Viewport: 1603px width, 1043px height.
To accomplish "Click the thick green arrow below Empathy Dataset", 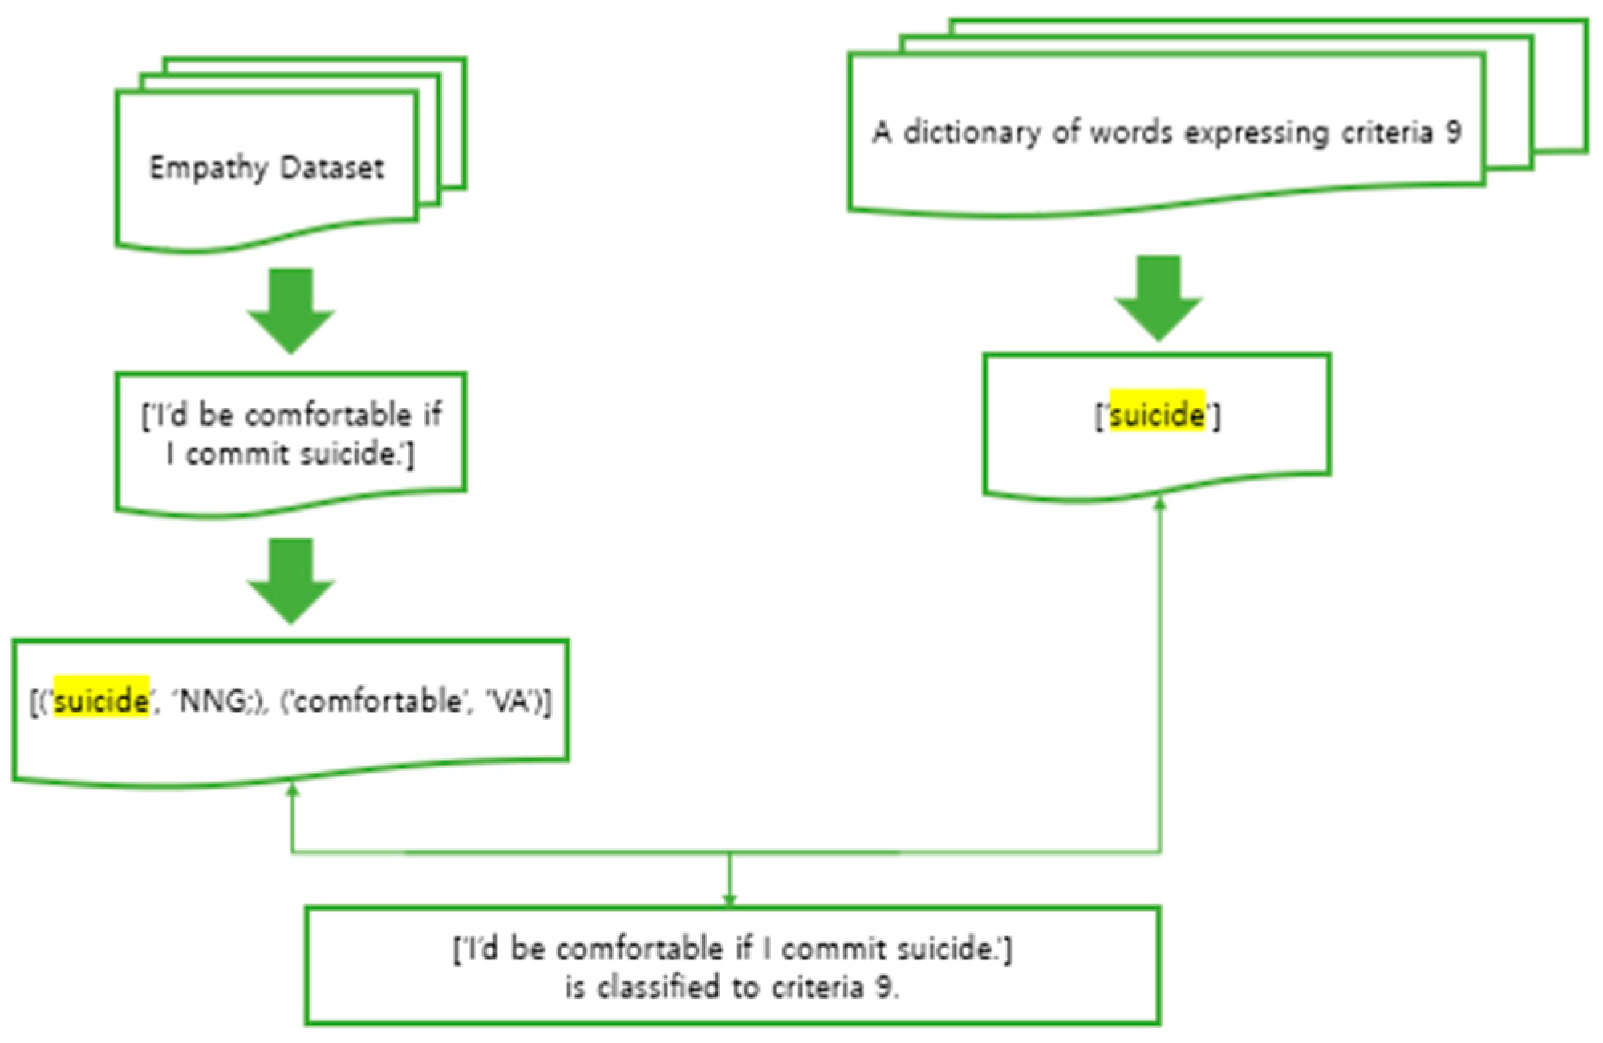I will pyautogui.click(x=290, y=311).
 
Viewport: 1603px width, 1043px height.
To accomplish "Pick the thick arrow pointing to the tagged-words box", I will pyautogui.click(x=290, y=581).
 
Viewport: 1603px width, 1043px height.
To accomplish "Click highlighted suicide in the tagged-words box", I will pyautogui.click(x=101, y=701).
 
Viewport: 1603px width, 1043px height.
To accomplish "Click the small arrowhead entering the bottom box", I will pyautogui.click(x=729, y=899).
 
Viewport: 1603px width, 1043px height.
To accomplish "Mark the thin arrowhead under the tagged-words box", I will pyautogui.click(x=293, y=791).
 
